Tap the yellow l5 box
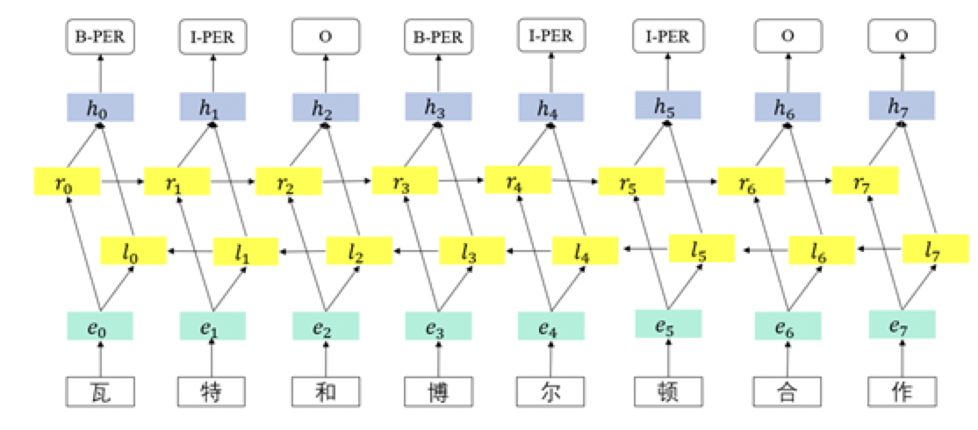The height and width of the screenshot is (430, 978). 700,250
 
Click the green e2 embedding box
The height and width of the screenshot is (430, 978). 325,326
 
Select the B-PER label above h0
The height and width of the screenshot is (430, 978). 100,37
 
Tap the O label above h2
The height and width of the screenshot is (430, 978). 325,37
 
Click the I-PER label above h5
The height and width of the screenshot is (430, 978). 667,36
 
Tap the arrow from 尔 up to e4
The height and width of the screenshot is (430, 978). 550,359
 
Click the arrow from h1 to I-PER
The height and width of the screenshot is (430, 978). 212,72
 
